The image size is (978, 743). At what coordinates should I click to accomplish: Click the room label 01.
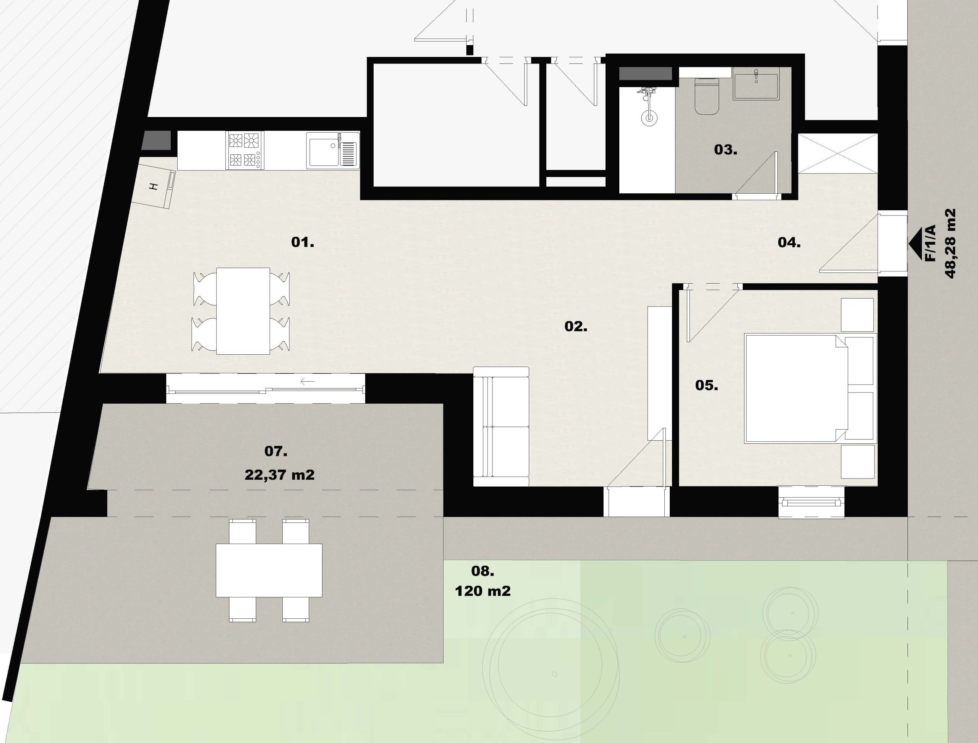(303, 242)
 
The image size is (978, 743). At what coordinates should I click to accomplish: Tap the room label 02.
(576, 326)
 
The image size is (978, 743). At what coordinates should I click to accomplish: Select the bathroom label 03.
(725, 149)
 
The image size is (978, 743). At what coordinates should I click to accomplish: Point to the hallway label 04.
(789, 242)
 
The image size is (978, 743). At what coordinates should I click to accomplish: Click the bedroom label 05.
(706, 385)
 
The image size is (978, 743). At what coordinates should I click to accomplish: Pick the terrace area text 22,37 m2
(279, 475)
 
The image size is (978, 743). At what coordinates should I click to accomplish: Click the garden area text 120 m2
(483, 591)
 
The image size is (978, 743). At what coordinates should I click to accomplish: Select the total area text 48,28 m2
(950, 244)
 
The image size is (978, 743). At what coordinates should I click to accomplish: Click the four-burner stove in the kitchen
(244, 150)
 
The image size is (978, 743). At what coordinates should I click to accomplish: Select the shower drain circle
(648, 117)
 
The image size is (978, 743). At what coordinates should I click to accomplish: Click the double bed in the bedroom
(810, 389)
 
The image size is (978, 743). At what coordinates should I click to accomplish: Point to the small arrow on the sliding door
(307, 381)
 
